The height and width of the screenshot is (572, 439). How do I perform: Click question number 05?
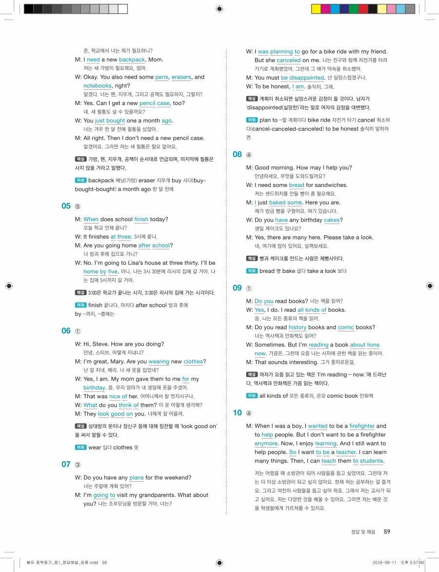pyautogui.click(x=66, y=206)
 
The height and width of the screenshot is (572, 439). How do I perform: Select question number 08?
pyautogui.click(x=237, y=154)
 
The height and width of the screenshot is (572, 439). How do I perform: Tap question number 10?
pyautogui.click(x=237, y=413)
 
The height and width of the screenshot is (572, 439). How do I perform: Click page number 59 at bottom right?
pyautogui.click(x=387, y=531)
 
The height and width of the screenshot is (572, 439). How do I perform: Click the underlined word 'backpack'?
pyautogui.click(x=132, y=60)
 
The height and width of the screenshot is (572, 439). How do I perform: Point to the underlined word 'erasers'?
pyautogui.click(x=181, y=77)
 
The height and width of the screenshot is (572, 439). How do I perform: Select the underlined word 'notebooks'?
pyautogui.click(x=98, y=86)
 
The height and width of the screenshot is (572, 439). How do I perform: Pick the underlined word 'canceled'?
pyautogui.click(x=289, y=61)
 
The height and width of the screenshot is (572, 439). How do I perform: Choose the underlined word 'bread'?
pyautogui.click(x=297, y=185)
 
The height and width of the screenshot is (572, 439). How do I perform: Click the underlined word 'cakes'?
pyautogui.click(x=332, y=220)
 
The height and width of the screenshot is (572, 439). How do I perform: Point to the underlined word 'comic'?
pyautogui.click(x=346, y=327)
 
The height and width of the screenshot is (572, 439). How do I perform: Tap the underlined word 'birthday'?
pyautogui.click(x=94, y=388)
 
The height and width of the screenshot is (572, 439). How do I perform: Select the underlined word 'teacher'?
pyautogui.click(x=346, y=452)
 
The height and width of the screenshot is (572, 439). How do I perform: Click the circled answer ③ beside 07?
pyautogui.click(x=78, y=465)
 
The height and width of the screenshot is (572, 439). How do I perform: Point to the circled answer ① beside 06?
pyautogui.click(x=78, y=331)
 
